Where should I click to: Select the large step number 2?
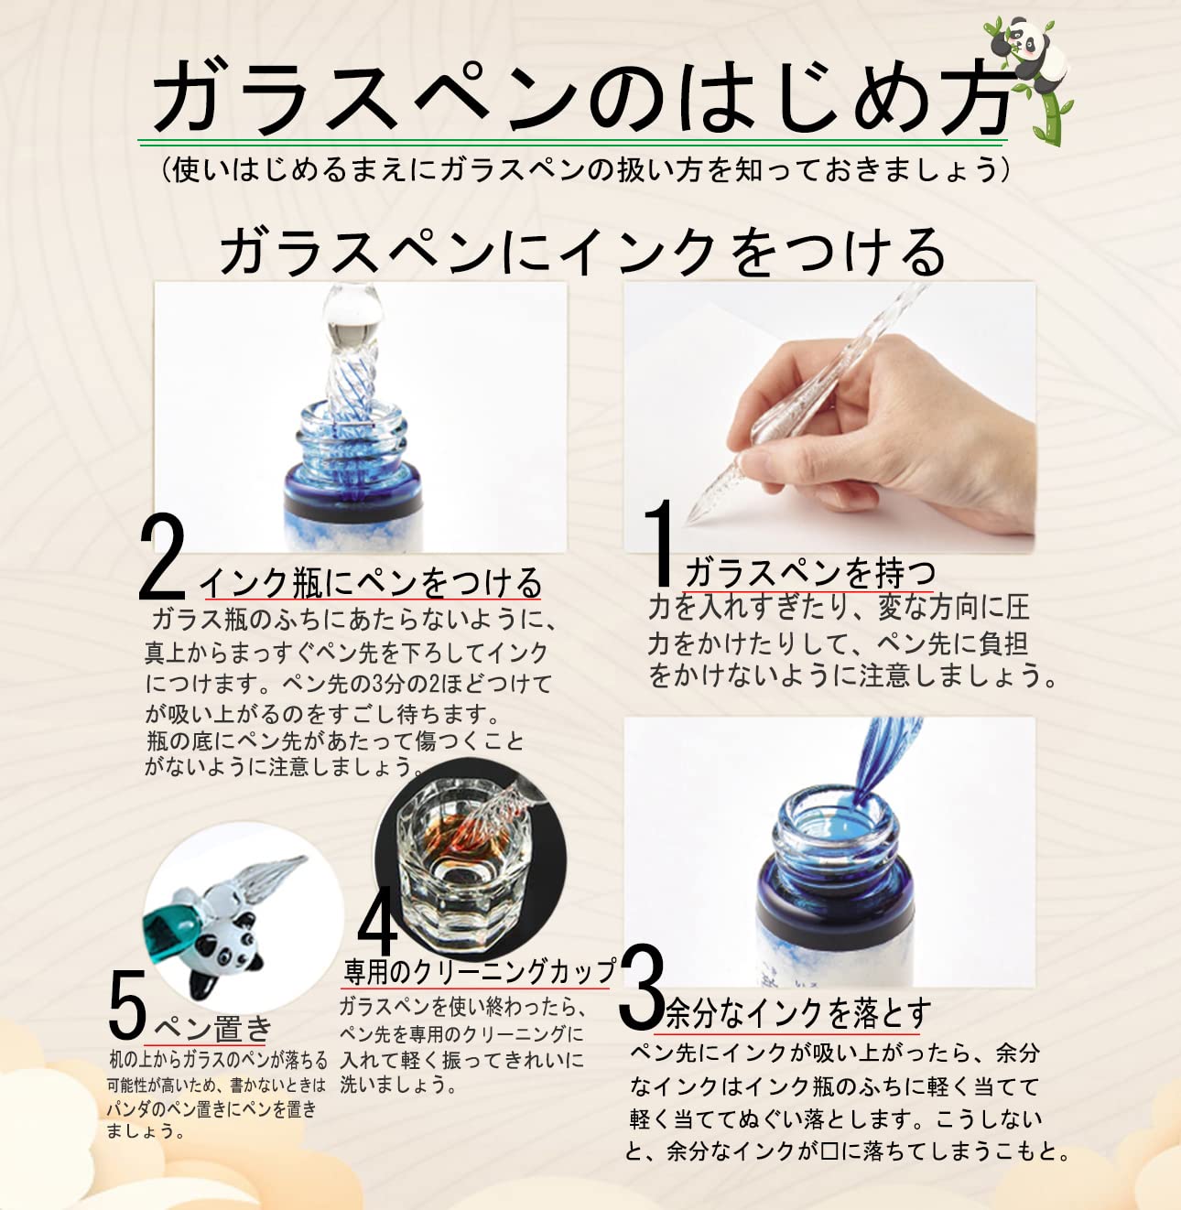click(162, 556)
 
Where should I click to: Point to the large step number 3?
click(643, 988)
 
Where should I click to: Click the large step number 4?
click(378, 921)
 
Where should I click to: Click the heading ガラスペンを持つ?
click(809, 572)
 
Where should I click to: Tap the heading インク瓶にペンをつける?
click(372, 583)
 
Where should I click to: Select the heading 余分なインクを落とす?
click(799, 1013)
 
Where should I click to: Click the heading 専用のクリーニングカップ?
click(479, 971)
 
